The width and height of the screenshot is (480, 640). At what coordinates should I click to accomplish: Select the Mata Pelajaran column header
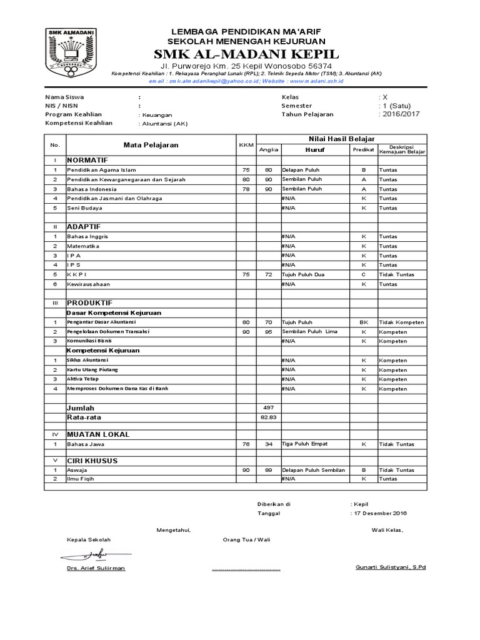coord(151,145)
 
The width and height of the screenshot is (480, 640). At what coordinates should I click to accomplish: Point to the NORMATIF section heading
coord(87,160)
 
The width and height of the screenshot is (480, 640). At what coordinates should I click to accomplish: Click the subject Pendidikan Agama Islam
coord(101,169)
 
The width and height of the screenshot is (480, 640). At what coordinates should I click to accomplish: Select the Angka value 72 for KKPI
coord(268,274)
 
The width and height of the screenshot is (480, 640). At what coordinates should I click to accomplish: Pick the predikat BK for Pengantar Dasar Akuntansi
coord(363,322)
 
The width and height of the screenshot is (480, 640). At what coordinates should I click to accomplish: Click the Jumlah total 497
coord(268,407)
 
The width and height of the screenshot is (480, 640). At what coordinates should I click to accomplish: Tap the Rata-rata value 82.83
coord(268,417)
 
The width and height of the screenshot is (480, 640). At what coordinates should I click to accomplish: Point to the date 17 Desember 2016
coord(381,513)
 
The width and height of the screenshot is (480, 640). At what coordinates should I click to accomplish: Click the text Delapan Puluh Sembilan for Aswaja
coord(313,470)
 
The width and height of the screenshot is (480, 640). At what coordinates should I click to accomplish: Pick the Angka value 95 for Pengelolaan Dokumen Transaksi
coord(268,331)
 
